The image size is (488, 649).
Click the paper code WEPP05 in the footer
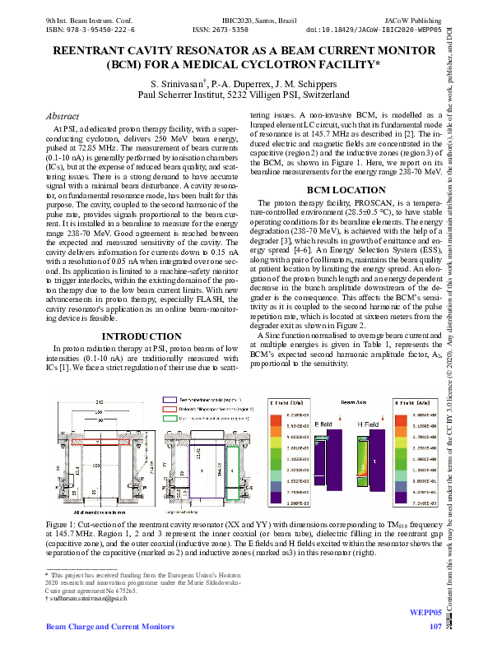point(425,614)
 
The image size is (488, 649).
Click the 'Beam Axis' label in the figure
point(353,405)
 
